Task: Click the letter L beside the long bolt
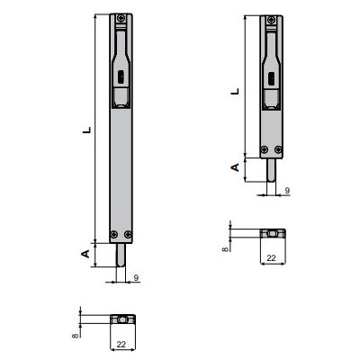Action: tap(86, 130)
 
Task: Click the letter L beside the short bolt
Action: tap(236, 90)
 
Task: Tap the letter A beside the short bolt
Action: tap(236, 167)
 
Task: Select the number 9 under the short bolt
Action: tap(285, 191)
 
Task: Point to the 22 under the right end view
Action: tap(271, 256)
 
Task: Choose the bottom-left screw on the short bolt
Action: tap(263, 149)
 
